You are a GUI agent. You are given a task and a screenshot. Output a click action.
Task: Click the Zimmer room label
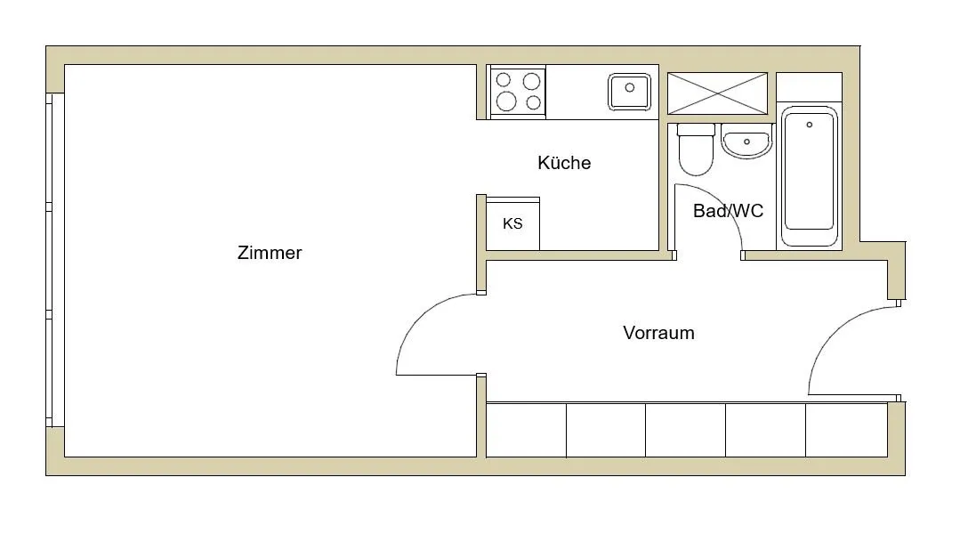270,253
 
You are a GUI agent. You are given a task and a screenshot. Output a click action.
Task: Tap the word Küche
564,163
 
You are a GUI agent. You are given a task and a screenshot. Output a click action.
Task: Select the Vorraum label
658,333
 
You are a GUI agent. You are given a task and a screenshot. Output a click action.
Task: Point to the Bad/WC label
728,211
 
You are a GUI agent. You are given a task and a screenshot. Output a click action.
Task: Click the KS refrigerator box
513,223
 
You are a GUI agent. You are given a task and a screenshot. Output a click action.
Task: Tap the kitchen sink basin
629,92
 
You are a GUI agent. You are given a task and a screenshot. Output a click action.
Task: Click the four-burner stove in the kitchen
518,92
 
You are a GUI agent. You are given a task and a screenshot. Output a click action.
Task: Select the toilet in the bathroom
696,150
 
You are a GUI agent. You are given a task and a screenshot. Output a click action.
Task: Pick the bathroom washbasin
746,142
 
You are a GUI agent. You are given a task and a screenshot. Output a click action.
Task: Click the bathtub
810,176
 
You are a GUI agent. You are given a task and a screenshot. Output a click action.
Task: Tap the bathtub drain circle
810,125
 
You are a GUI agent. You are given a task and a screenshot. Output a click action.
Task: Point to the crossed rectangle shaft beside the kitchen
717,93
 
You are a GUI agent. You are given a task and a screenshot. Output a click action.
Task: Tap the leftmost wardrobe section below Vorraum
526,430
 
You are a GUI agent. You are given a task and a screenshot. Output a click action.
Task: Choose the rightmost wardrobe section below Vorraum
847,430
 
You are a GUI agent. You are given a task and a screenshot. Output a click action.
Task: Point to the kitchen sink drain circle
629,87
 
